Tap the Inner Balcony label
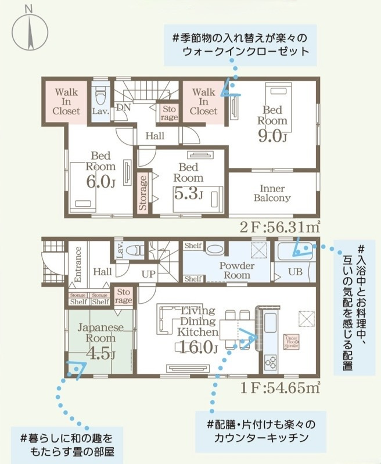(272, 194)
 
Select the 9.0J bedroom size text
(271, 136)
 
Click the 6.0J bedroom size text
(100, 182)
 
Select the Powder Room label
(236, 269)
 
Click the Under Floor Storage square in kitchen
(291, 342)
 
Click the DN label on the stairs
(123, 108)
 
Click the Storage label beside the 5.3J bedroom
(143, 192)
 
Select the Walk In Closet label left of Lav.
(66, 101)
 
